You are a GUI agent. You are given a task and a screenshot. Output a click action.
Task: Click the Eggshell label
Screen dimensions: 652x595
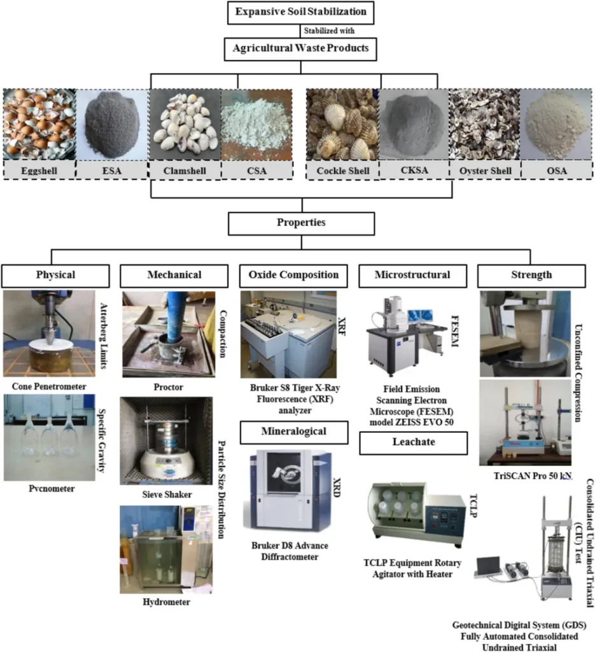click(x=39, y=171)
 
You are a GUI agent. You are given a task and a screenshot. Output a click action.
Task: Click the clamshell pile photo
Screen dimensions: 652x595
click(x=184, y=124)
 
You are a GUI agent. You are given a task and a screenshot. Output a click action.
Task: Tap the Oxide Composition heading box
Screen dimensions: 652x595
click(x=294, y=275)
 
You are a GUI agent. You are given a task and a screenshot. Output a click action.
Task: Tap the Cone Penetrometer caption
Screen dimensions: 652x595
click(x=50, y=386)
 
